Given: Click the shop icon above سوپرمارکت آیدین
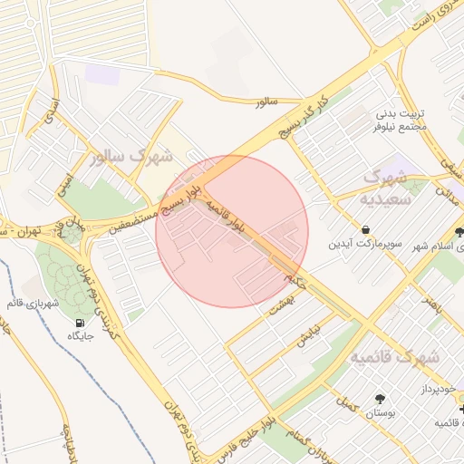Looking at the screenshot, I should [x=364, y=230].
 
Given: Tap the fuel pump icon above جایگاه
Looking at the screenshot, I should [x=81, y=323].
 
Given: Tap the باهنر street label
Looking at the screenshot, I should [x=436, y=304].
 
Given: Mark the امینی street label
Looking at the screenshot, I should [x=63, y=186].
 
